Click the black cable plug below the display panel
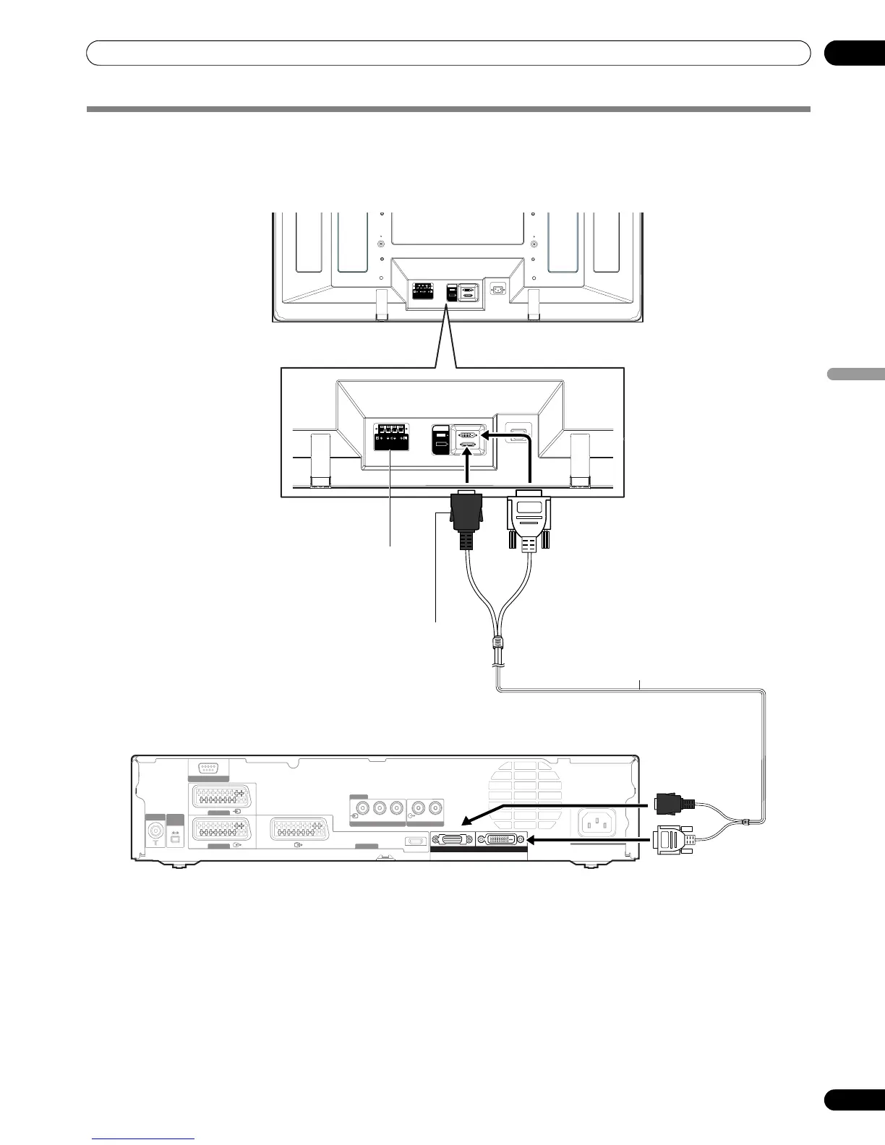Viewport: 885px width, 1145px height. click(466, 520)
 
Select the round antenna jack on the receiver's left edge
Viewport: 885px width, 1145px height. click(155, 832)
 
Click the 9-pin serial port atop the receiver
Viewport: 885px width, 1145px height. click(208, 769)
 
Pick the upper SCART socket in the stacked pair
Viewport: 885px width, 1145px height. click(221, 798)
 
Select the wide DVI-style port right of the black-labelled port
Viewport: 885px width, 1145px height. click(502, 839)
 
